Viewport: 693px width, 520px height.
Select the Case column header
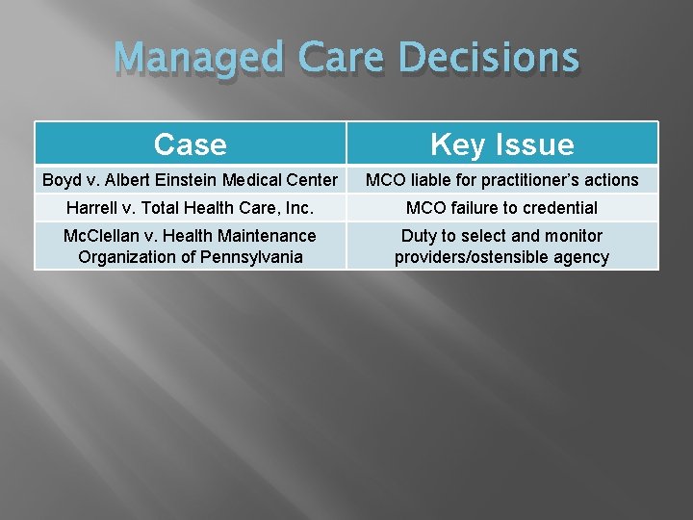coord(191,144)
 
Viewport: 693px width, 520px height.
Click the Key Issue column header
coord(501,144)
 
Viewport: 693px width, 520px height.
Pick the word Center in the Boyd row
coord(313,180)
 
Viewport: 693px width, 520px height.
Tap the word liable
coord(427,180)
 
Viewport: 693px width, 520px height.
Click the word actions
coord(611,180)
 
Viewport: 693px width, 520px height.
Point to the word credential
coord(561,208)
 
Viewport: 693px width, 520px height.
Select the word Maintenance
coord(266,236)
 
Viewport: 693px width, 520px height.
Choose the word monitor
coord(573,236)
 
